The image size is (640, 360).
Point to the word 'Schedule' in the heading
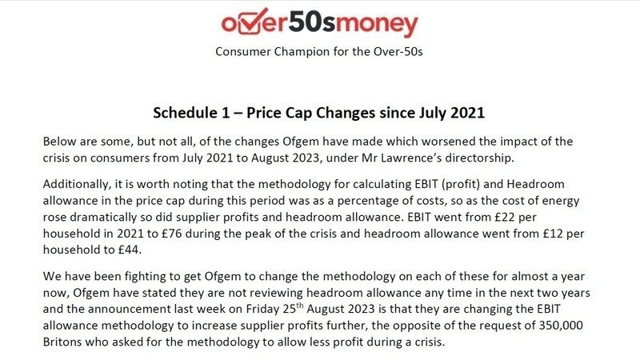pyautogui.click(x=185, y=113)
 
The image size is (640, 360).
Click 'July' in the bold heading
pyautogui.click(x=433, y=113)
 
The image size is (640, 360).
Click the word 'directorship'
pyautogui.click(x=479, y=158)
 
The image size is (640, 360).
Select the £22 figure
pyautogui.click(x=504, y=217)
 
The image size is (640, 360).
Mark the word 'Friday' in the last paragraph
pyautogui.click(x=262, y=309)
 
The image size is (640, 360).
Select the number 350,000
pyautogui.click(x=561, y=326)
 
